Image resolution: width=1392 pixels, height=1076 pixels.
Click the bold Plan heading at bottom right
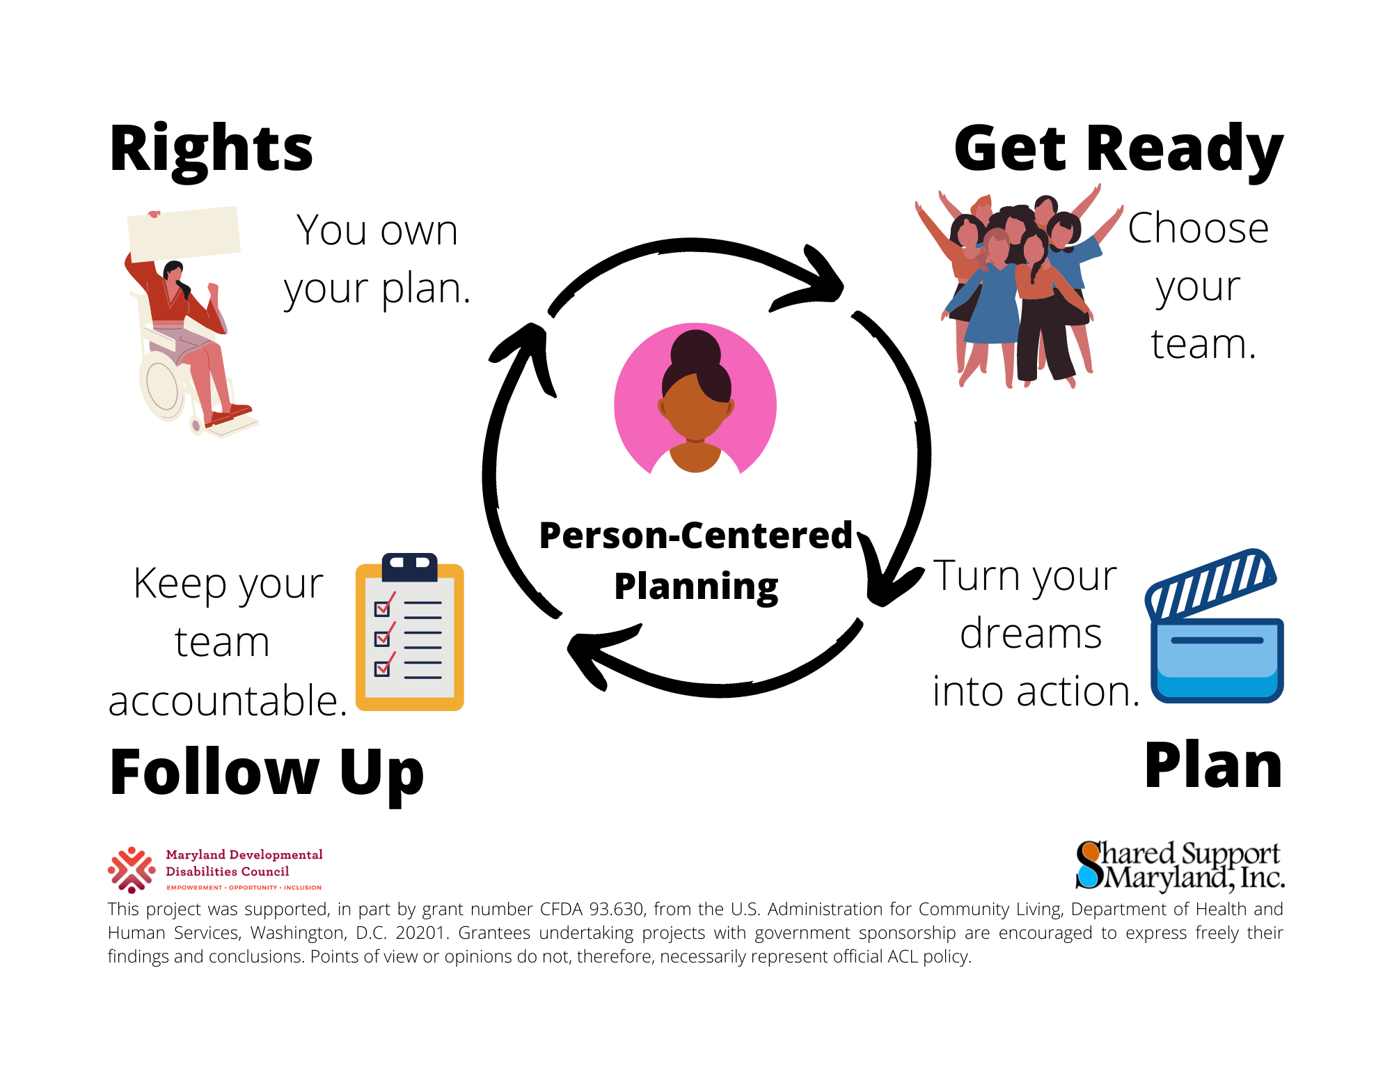tap(1213, 766)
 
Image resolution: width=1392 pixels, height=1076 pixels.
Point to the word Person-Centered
tap(695, 536)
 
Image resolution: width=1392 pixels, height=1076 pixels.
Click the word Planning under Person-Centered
tap(695, 586)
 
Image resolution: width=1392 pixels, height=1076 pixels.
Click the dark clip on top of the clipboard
tap(409, 566)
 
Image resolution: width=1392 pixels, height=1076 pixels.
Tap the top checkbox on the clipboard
tap(383, 608)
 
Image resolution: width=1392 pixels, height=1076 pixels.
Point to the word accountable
tap(228, 701)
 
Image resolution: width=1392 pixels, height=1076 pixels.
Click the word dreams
tap(1031, 634)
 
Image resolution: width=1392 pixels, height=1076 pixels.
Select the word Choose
tap(1198, 228)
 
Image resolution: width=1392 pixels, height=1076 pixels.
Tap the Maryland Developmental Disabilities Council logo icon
tap(132, 869)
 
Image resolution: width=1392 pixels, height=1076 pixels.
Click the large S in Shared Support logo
tap(1089, 865)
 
